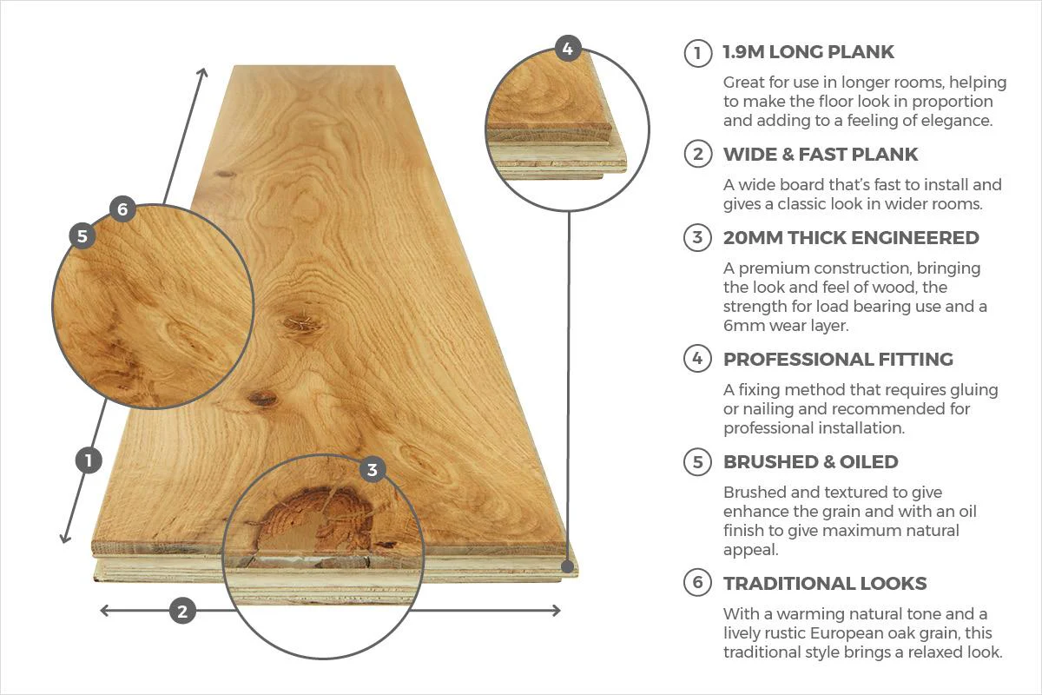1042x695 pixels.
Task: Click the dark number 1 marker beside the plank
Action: point(89,460)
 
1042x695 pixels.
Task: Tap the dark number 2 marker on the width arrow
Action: point(181,611)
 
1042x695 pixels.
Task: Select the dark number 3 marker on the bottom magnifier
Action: point(373,470)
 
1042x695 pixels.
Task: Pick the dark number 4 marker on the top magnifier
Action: point(567,49)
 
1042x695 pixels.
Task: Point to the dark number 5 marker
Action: point(82,235)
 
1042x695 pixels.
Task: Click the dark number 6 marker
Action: point(122,208)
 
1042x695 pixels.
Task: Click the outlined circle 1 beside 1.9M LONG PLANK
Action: point(697,52)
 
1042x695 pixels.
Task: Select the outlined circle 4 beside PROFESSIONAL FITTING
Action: point(697,359)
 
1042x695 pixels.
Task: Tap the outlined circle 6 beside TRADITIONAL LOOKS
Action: point(697,583)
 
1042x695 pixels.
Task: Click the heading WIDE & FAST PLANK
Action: point(820,155)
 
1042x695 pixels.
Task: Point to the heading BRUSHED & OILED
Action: point(810,461)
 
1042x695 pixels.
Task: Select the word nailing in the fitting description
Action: point(769,409)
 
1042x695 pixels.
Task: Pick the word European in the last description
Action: point(875,633)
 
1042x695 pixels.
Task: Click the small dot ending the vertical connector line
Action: point(568,566)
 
